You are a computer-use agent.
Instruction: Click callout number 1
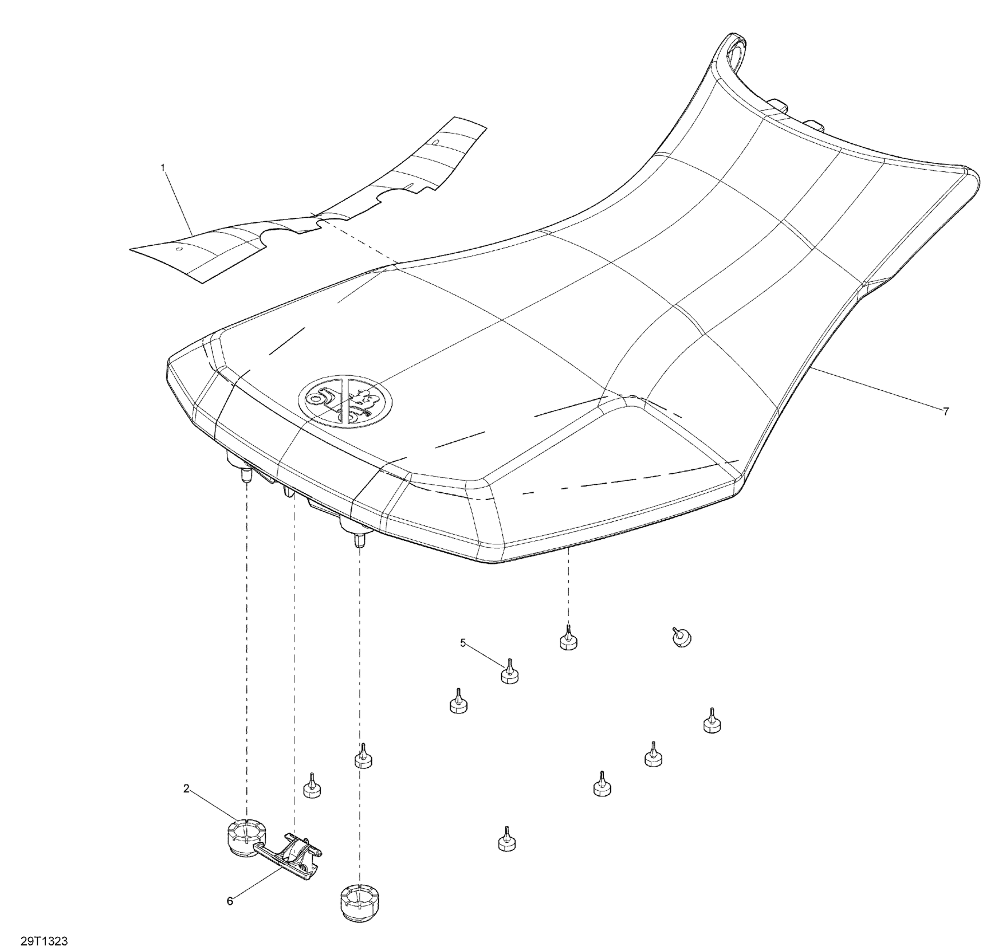163,167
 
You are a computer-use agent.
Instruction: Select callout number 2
186,788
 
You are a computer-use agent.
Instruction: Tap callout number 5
463,643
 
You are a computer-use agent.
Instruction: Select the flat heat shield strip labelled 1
291,207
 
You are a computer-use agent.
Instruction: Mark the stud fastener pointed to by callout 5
510,673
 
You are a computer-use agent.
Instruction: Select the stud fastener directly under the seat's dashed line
568,640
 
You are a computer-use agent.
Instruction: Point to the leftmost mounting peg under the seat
245,477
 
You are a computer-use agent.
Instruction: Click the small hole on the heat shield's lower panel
179,249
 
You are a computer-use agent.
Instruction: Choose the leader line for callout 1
178,200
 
